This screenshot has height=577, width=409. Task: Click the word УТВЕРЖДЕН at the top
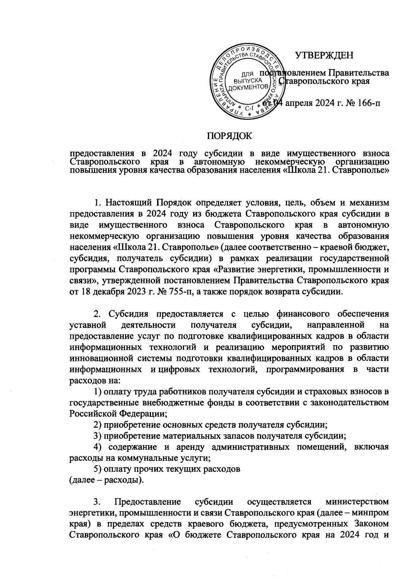coord(324,55)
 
